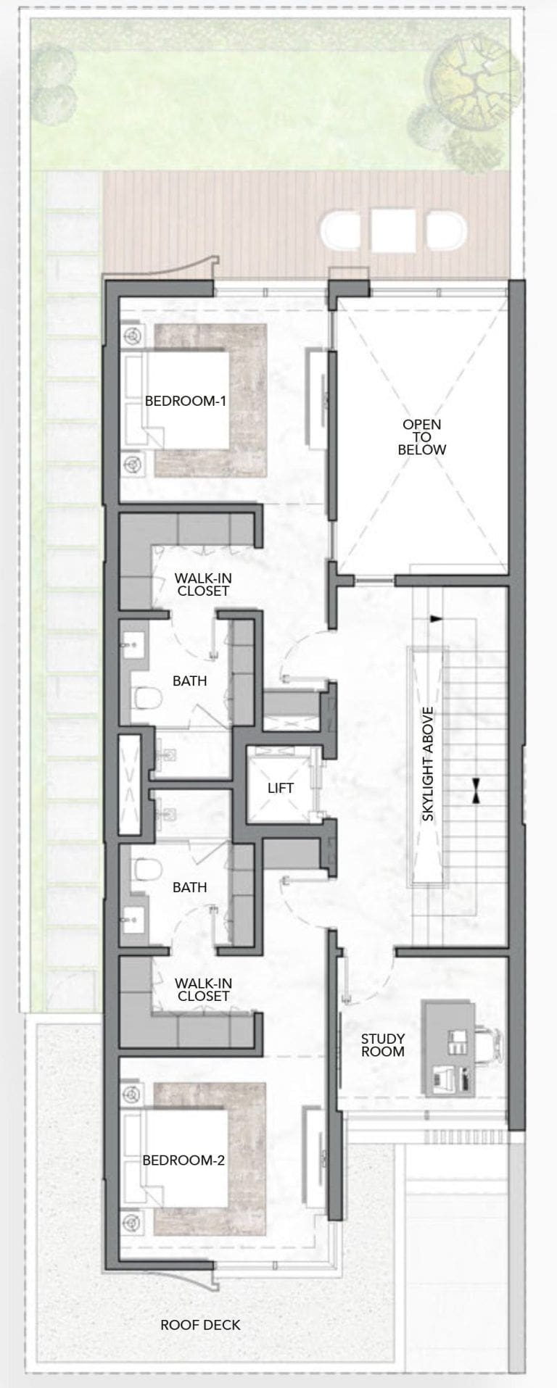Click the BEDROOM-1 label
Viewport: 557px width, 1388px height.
tap(186, 400)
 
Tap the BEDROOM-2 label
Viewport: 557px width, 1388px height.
tap(183, 1160)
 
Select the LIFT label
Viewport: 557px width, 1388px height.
tap(281, 787)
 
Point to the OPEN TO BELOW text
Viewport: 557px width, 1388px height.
tap(422, 437)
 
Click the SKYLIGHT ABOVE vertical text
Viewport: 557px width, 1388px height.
tap(428, 764)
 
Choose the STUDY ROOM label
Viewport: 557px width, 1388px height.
tap(383, 1045)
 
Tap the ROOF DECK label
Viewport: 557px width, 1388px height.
tap(200, 1325)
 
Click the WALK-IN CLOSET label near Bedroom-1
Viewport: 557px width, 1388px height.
tap(203, 585)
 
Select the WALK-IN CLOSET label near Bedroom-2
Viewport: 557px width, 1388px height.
tap(203, 990)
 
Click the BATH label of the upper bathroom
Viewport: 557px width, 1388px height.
tap(190, 681)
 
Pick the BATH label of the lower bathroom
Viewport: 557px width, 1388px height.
tap(190, 887)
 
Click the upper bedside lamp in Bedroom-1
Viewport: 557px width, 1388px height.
tap(132, 336)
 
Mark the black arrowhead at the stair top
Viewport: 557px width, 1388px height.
tap(436, 619)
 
